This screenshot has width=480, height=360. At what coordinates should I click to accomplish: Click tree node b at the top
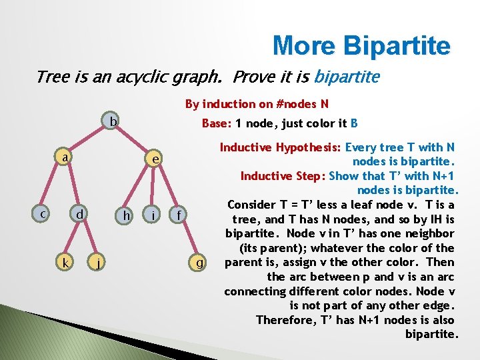click(x=114, y=122)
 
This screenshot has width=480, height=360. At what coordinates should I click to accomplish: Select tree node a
click(x=64, y=159)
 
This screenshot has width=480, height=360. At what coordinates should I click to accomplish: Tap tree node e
click(x=155, y=159)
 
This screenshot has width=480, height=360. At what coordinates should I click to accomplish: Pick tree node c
click(x=42, y=214)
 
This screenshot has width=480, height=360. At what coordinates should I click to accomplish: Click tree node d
click(x=79, y=215)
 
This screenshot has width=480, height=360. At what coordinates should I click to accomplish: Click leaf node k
click(x=64, y=263)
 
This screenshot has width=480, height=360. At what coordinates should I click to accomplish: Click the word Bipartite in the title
click(x=397, y=46)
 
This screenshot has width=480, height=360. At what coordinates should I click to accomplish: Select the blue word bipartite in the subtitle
click(x=347, y=77)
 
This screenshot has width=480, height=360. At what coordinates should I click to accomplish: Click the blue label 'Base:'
click(x=217, y=123)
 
